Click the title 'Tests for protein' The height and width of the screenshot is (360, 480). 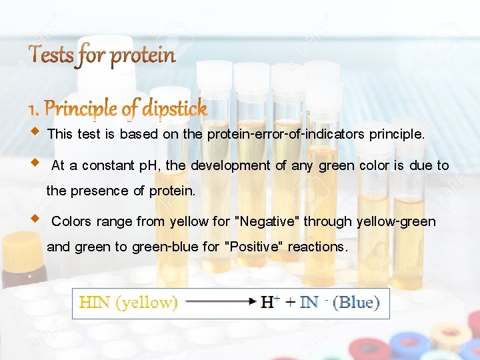click(x=102, y=55)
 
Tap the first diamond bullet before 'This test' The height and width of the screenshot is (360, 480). click(x=35, y=131)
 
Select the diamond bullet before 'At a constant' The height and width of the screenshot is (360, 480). click(x=35, y=163)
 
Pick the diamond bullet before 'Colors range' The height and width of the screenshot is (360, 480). click(x=35, y=218)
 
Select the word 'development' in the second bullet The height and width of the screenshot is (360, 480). click(x=231, y=165)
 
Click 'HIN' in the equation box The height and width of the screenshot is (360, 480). click(x=95, y=303)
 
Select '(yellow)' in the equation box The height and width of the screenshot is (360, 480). click(x=147, y=303)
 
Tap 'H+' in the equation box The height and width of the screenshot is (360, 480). click(x=269, y=303)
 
